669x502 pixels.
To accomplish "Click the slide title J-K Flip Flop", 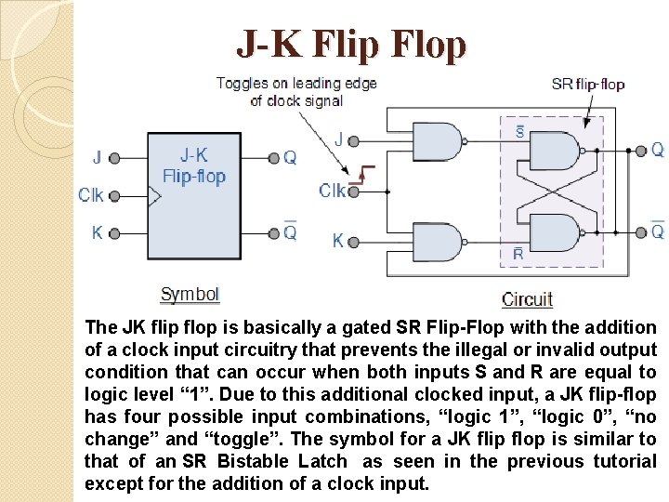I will pos(351,44).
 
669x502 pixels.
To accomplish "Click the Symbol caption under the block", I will pos(190,295).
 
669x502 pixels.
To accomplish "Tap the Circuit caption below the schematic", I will pos(527,299).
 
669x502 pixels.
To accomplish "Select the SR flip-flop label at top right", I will pos(588,84).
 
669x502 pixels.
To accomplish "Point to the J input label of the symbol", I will pos(98,157).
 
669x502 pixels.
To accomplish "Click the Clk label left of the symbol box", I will pos(91,195).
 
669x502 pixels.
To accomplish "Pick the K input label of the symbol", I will pos(98,232).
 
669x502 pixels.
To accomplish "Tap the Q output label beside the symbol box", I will pos(290,157).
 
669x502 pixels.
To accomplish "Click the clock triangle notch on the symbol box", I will pos(154,196).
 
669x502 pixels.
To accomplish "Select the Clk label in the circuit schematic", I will pos(333,191).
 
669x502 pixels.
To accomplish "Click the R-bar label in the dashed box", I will pos(518,253).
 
